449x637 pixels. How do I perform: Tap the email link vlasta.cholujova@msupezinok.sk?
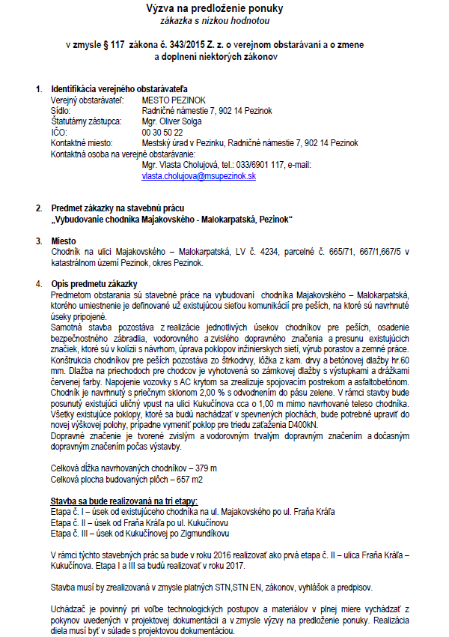199,175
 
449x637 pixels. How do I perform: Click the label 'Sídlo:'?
62,110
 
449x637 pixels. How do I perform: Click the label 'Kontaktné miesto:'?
82,142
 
